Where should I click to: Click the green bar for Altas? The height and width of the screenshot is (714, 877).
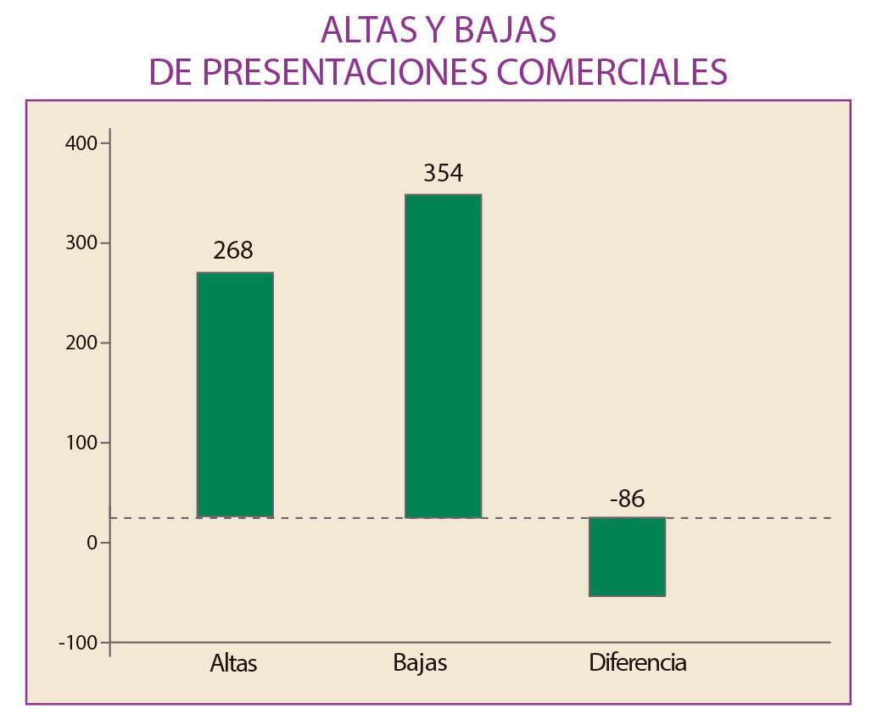coord(235,394)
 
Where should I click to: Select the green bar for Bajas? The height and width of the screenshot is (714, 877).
coord(443,355)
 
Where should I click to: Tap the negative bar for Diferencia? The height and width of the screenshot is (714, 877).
coord(627,556)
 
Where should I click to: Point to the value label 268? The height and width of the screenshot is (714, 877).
coord(233,251)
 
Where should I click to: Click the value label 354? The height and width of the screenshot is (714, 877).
coord(443,174)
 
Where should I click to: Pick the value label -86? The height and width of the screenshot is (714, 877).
coord(627,499)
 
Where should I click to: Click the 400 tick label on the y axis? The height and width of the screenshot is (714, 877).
coord(81,143)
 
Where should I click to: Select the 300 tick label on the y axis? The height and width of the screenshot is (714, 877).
coord(81,243)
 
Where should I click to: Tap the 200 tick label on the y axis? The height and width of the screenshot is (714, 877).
coord(81,343)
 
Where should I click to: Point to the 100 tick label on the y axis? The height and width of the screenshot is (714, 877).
coord(81,443)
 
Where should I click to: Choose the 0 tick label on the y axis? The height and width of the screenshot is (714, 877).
coord(92,543)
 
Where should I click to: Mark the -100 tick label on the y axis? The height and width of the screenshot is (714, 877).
coord(78,643)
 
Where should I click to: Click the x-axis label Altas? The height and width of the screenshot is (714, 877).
coord(233,663)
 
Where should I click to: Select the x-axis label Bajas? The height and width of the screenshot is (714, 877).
coord(420,662)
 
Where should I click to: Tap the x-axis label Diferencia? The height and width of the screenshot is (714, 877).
coord(638,662)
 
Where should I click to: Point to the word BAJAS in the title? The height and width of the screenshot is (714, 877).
coord(506,31)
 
